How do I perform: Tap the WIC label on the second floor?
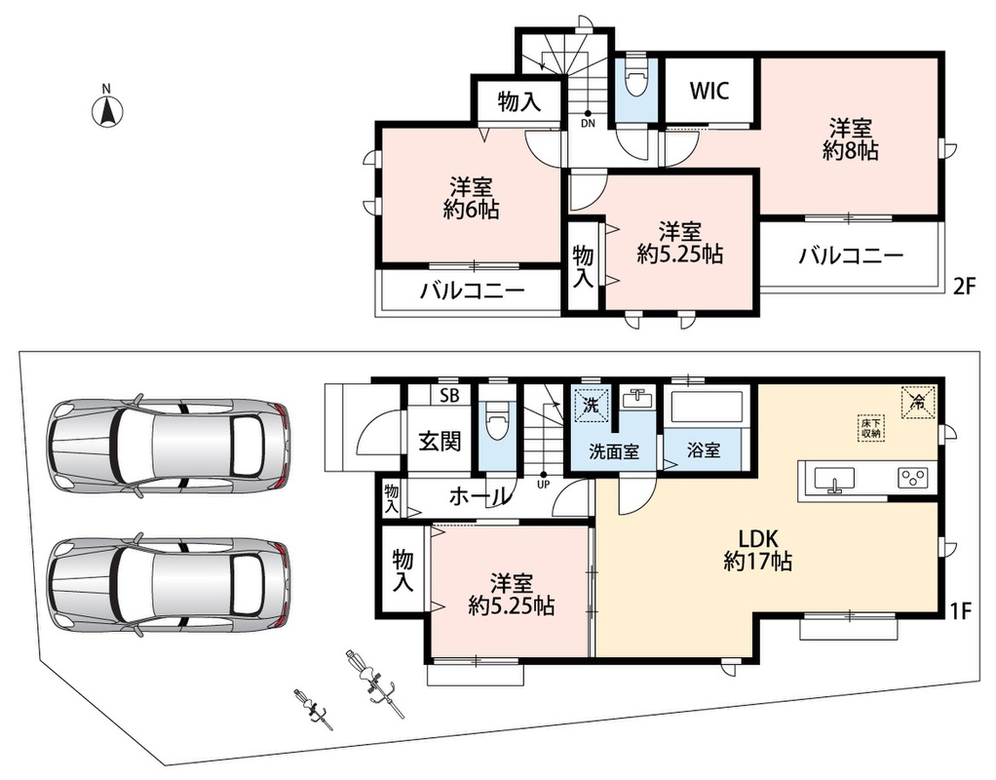[x=709, y=91]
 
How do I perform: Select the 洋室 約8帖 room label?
[x=851, y=139]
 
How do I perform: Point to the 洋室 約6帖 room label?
[x=471, y=198]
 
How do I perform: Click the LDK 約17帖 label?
[x=757, y=550]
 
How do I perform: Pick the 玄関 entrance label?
[x=440, y=441]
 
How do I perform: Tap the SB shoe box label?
[x=449, y=396]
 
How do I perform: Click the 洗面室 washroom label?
[x=614, y=452]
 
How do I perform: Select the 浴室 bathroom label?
[x=704, y=450]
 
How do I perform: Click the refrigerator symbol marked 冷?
[x=918, y=401]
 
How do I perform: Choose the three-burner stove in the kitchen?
[x=913, y=478]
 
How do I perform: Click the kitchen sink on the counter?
[x=834, y=479]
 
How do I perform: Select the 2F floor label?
[x=964, y=288]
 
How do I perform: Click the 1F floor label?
[x=961, y=611]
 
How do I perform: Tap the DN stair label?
[x=588, y=123]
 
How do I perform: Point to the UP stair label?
[x=544, y=485]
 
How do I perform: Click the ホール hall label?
[x=479, y=495]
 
